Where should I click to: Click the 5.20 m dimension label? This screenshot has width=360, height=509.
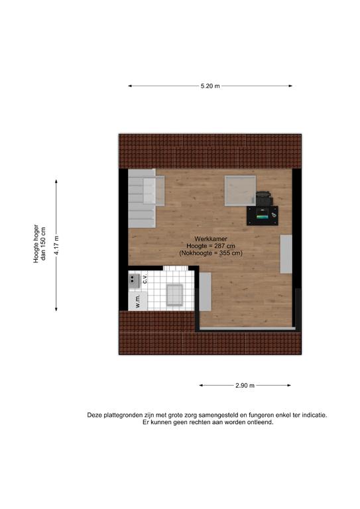point(210,86)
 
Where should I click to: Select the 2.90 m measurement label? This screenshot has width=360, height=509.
point(245,385)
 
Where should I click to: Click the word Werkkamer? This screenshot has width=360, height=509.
point(211,239)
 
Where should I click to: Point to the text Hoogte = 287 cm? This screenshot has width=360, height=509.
point(211,246)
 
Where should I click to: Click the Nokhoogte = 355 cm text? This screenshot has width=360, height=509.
point(211,253)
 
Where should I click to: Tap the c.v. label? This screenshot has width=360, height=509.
point(145,278)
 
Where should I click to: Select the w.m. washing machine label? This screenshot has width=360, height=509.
point(138,302)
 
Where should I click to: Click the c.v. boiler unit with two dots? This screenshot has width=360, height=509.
point(134,281)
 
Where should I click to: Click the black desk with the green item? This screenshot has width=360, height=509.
point(263,215)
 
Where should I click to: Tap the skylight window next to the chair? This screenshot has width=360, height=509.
point(240,191)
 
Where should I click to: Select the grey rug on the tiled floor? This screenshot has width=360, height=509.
point(174,295)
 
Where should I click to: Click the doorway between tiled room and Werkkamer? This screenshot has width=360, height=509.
point(176,268)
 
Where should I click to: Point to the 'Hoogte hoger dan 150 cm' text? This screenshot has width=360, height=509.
point(40,243)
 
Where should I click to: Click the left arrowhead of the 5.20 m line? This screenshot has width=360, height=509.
point(130,86)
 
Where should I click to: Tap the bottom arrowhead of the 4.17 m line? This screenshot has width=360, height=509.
point(56,309)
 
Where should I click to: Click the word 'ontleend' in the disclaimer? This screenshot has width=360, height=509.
point(261,422)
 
